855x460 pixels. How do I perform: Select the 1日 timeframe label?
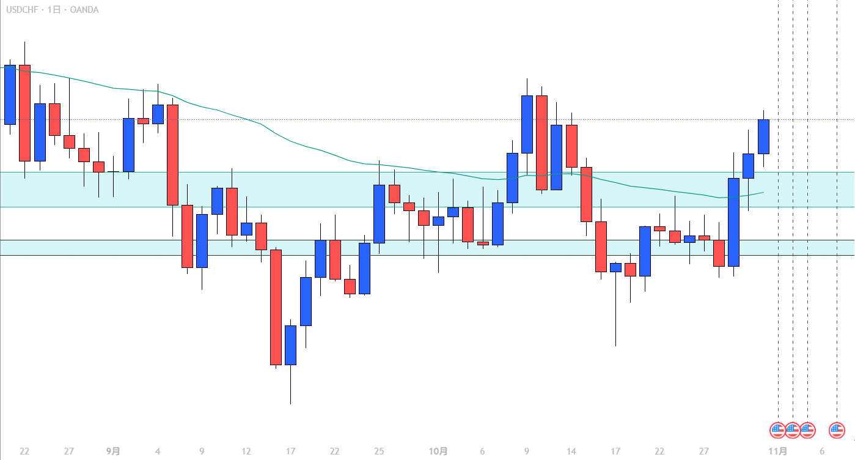click(x=54, y=10)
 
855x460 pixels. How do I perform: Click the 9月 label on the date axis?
click(x=113, y=451)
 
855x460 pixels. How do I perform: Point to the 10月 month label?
click(x=438, y=451)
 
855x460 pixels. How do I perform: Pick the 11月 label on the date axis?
click(x=777, y=451)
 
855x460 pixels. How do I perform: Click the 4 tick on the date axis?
click(x=158, y=451)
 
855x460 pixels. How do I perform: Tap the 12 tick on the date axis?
click(x=246, y=451)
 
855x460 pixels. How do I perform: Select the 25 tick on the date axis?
click(x=379, y=451)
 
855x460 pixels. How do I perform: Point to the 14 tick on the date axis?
click(x=571, y=451)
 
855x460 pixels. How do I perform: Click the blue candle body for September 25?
click(x=379, y=213)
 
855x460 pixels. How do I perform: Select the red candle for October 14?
click(x=571, y=146)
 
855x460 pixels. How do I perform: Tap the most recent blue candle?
click(x=763, y=136)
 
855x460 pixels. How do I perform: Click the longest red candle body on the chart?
click(x=276, y=307)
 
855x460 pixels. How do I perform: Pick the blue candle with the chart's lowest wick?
click(x=290, y=345)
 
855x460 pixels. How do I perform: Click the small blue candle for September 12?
click(x=246, y=229)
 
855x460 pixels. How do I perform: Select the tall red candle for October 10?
click(x=541, y=143)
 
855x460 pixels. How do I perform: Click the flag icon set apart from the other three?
click(x=837, y=430)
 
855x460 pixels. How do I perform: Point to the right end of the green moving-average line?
click(x=763, y=192)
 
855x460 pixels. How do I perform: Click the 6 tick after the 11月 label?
click(x=822, y=451)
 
